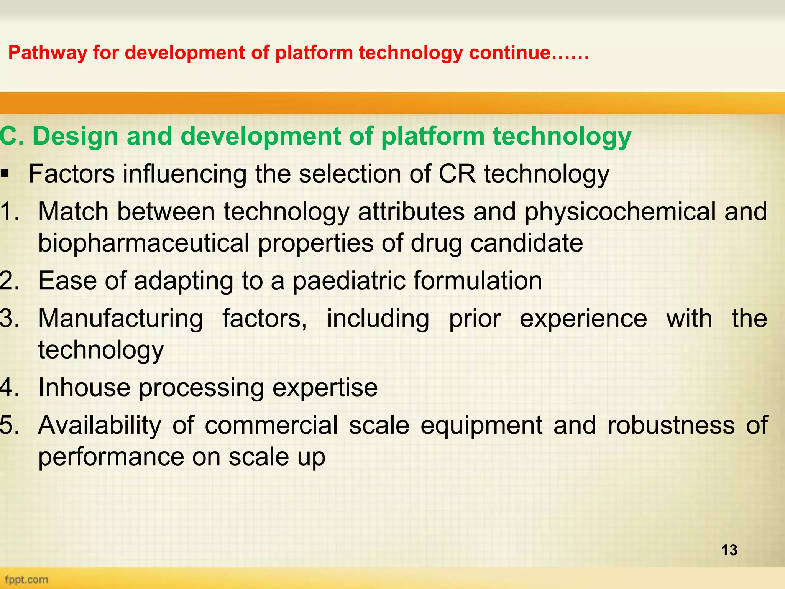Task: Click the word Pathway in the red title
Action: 47,53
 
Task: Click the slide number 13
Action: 729,550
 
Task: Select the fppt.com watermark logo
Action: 26,579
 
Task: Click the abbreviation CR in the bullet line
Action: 457,174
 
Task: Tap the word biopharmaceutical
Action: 144,243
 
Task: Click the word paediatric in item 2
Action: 349,281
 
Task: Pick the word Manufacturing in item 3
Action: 121,319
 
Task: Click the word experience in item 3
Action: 583,319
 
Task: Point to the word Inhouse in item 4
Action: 84,388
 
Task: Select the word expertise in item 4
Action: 325,388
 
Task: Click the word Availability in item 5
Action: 100,425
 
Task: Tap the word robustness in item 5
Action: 671,425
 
